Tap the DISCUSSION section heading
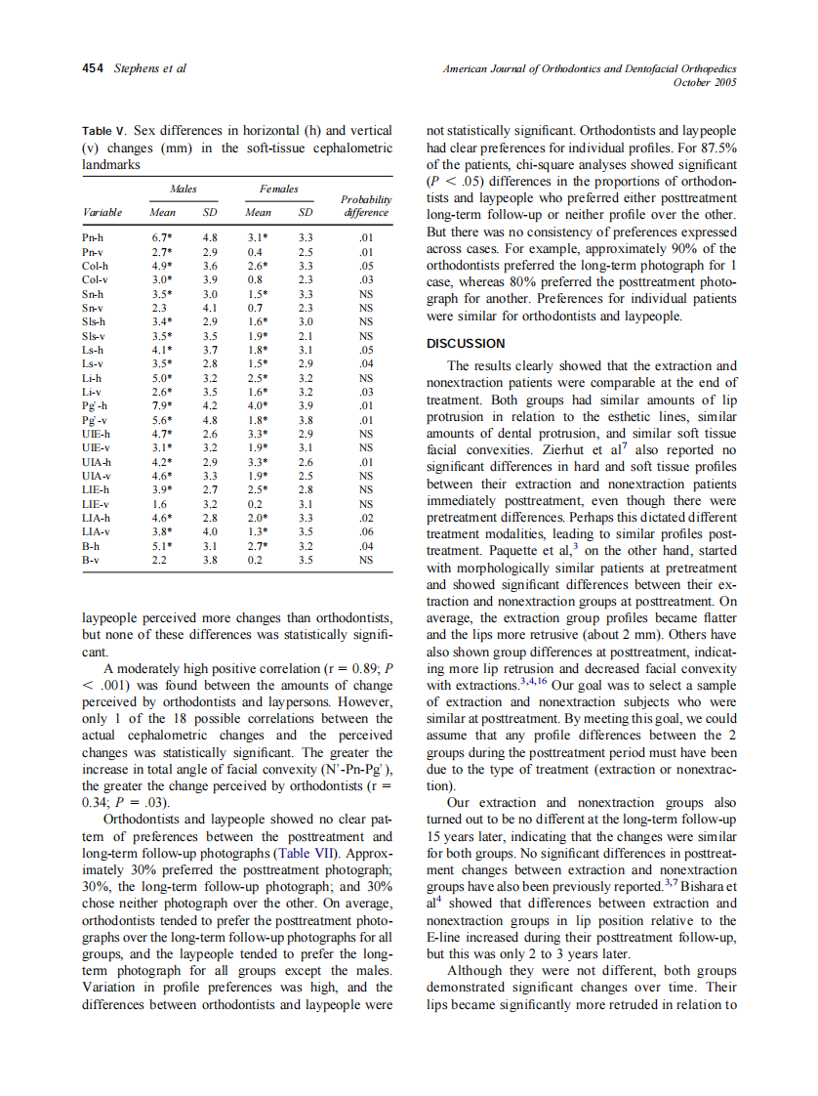click(466, 343)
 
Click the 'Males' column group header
click(183, 188)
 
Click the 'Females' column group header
click(278, 188)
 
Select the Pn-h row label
click(95, 237)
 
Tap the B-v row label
click(93, 562)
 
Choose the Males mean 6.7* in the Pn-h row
click(162, 237)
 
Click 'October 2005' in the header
click(705, 82)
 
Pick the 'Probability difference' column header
click(365, 205)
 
